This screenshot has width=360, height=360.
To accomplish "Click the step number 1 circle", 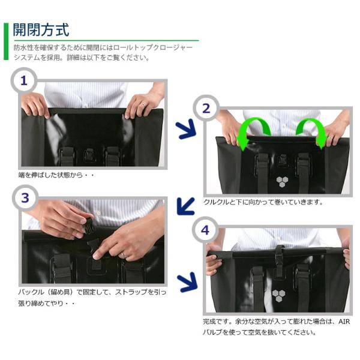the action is click(23, 80).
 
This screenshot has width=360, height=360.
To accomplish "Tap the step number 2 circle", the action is click(206, 108).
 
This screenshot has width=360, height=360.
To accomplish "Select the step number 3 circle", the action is click(25, 198).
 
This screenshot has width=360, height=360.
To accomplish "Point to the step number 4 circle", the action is click(205, 230).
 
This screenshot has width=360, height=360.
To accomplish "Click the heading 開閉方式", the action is click(41, 30).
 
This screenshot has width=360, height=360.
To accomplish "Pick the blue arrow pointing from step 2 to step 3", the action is click(185, 206).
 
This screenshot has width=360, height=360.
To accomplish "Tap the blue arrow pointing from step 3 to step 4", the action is click(187, 282).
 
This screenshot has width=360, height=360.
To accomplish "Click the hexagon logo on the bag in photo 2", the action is click(282, 182).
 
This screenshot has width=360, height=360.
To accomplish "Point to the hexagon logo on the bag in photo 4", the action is click(278, 296).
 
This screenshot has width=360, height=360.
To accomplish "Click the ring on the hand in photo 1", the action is click(144, 104).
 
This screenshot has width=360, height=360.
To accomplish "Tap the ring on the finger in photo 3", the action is click(124, 254).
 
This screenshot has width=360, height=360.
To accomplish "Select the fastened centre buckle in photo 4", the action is click(279, 259).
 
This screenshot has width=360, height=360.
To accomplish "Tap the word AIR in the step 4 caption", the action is click(344, 322).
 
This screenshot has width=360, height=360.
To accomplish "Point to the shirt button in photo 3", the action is click(98, 212).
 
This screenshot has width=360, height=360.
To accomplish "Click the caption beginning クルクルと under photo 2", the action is click(263, 202).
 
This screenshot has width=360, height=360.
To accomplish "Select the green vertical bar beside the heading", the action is click(6, 41).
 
